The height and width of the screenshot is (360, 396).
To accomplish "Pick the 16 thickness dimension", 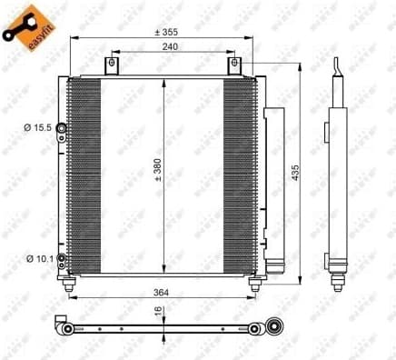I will pyautogui.click(x=158, y=311).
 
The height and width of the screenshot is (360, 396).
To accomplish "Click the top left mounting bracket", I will pyautogui.click(x=112, y=66).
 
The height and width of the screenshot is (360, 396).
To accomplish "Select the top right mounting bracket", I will pyautogui.click(x=234, y=66).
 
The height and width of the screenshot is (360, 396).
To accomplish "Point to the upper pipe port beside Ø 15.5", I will pyautogui.click(x=62, y=128).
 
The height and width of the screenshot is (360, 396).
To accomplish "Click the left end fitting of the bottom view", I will pyautogui.click(x=65, y=328).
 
